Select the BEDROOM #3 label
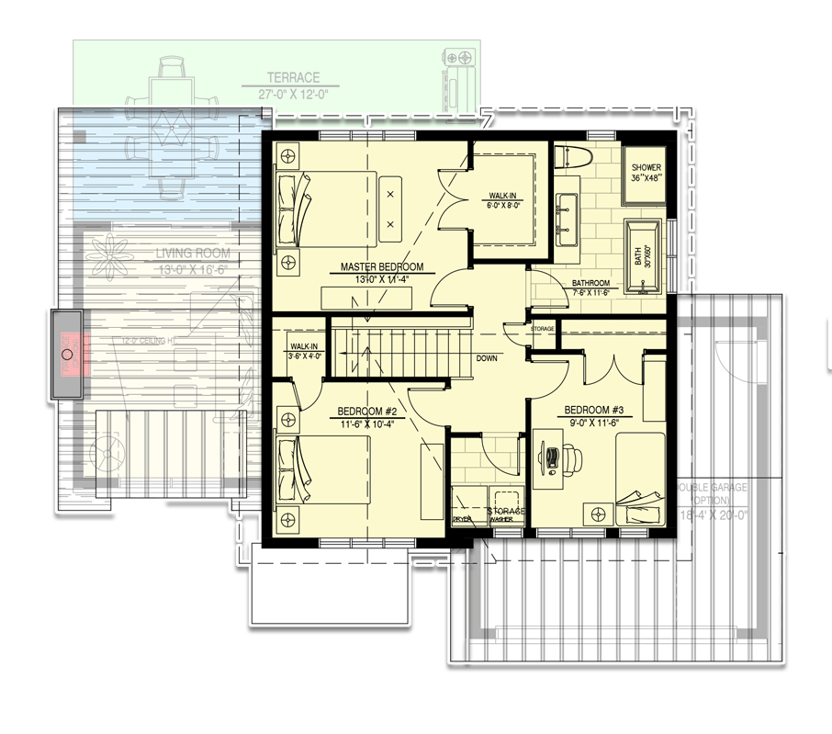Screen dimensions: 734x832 click(593, 410)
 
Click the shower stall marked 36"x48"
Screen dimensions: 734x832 click(647, 173)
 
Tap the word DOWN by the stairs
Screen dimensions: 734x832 click(487, 358)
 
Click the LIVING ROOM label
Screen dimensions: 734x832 click(192, 254)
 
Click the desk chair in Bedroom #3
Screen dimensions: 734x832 click(573, 457)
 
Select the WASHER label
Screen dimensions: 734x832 click(501, 519)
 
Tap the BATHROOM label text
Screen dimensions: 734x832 click(590, 283)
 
